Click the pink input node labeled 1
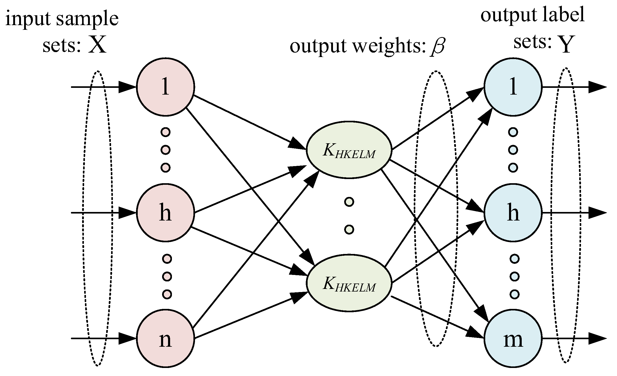click(165, 87)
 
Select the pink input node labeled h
click(165, 213)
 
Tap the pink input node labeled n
click(165, 338)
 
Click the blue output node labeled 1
click(513, 87)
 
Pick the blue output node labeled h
click(513, 213)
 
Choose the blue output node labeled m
click(513, 338)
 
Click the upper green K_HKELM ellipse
click(349, 150)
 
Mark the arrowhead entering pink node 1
click(127, 87)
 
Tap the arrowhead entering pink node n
click(127, 338)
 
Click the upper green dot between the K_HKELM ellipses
click(349, 202)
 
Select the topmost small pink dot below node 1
click(165, 132)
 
